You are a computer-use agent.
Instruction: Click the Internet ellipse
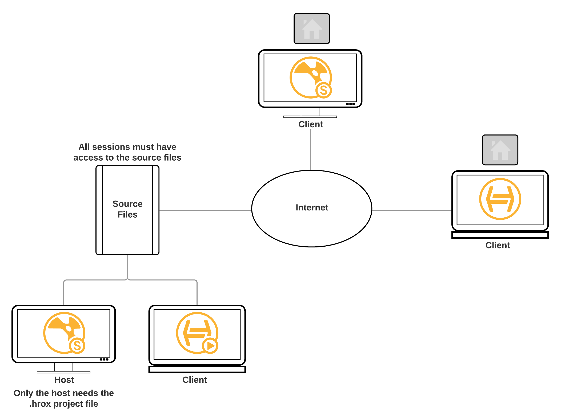(x=311, y=208)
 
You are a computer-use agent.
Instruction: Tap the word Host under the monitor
(x=64, y=380)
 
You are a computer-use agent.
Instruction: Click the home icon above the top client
(x=312, y=28)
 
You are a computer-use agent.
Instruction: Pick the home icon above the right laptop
(x=500, y=150)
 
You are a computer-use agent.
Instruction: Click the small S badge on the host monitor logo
(x=77, y=346)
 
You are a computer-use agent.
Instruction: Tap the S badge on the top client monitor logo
(x=324, y=90)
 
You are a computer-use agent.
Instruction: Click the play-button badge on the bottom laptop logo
(x=210, y=346)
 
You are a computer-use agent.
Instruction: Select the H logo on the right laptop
(x=500, y=199)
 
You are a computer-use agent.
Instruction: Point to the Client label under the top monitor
(x=311, y=124)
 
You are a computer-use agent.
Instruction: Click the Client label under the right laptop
(x=498, y=245)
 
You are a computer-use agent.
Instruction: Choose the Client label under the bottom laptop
(x=195, y=380)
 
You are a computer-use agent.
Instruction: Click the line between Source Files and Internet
(x=205, y=210)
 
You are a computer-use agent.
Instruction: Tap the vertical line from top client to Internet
(x=311, y=149)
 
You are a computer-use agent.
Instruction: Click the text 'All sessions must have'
(x=127, y=147)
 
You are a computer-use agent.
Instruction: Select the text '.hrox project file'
(x=64, y=404)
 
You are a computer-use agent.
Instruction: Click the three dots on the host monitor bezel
(x=104, y=359)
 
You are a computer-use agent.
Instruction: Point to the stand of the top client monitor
(x=310, y=112)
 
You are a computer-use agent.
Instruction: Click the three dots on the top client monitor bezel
(x=350, y=104)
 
